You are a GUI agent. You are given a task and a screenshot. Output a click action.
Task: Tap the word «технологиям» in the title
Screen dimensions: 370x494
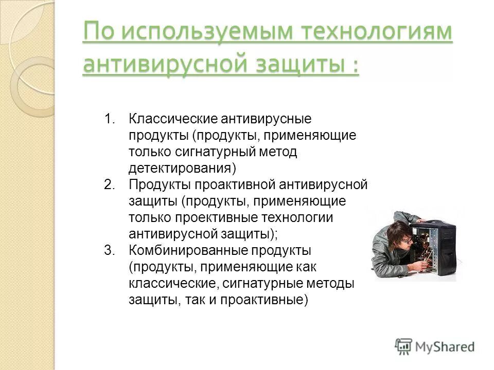click(x=379, y=33)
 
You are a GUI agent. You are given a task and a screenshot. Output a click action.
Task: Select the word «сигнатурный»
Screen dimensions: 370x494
click(x=219, y=152)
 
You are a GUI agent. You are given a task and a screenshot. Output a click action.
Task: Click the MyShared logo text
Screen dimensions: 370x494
click(x=445, y=347)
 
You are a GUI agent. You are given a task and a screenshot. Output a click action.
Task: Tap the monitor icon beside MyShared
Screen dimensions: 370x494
click(x=404, y=346)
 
